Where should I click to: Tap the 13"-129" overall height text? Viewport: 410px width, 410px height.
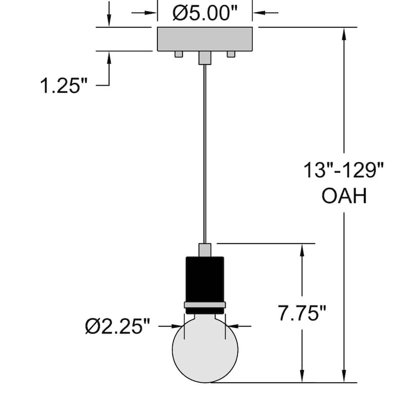click(343, 170)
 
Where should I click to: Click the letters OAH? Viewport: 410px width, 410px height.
click(344, 196)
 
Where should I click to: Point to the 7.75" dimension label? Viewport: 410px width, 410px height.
click(302, 314)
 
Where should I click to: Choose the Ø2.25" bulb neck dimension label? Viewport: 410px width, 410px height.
click(117, 326)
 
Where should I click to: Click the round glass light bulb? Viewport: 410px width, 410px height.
click(205, 351)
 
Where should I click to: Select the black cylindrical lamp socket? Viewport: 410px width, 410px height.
click(205, 279)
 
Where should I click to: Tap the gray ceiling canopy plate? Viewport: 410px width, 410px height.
click(205, 38)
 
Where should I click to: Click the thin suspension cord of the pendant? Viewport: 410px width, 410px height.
click(205, 154)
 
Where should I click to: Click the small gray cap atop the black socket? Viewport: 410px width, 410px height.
click(205, 250)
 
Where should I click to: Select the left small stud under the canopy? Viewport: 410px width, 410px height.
click(178, 54)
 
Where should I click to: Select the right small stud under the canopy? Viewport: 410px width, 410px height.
click(231, 54)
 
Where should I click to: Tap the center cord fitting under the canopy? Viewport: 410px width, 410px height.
click(205, 57)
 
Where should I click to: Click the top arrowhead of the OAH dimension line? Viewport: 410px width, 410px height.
click(344, 32)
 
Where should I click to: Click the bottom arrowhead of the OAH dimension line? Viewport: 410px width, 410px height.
click(344, 377)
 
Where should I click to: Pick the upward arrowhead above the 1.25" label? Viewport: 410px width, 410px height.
click(109, 57)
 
